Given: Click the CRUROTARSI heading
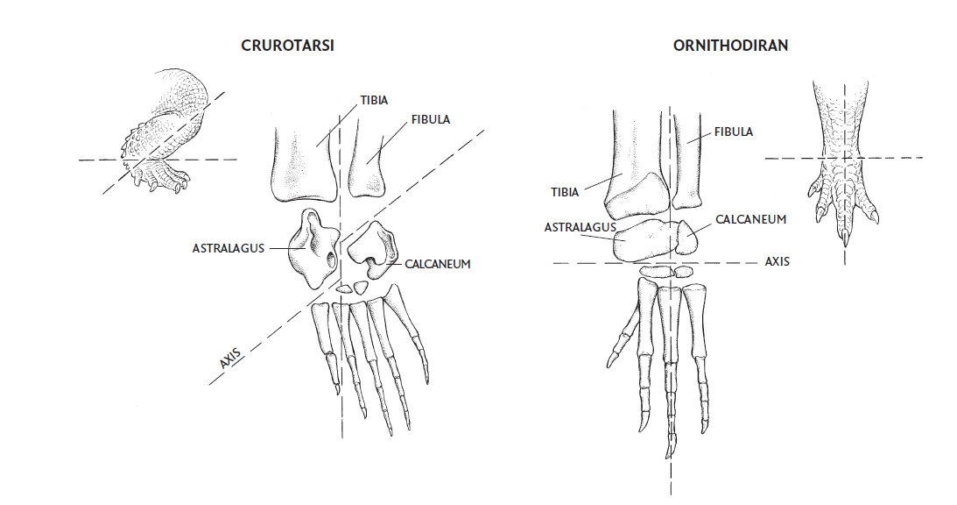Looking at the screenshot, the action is pos(287,46).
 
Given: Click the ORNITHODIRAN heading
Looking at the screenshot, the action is pos(730,46).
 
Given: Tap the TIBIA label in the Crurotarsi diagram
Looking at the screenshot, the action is pos(374,100).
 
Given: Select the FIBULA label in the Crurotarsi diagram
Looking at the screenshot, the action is pos(431,120).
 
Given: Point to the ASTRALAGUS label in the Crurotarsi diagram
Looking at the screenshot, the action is pos(229,248).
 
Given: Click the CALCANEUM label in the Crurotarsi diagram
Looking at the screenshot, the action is pos(438,264).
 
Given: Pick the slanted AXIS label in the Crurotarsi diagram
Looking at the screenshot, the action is pos(230,359).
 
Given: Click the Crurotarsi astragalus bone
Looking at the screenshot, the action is pos(313,249).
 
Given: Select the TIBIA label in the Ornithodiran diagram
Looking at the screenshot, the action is pos(565,193).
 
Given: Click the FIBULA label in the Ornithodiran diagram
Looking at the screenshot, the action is pos(734,132).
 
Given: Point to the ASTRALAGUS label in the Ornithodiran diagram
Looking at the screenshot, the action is pos(581,227).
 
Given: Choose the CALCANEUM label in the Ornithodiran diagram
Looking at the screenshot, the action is pos(750,219).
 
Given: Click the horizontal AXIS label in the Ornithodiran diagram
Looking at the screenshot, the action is pos(778,261).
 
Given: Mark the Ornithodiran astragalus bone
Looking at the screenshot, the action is pos(645,239).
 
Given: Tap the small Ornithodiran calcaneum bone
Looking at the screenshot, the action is pos(686,238).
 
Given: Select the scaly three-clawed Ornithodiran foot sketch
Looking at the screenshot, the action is pos(844,162).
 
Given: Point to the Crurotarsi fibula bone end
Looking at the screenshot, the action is pos(366,165).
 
